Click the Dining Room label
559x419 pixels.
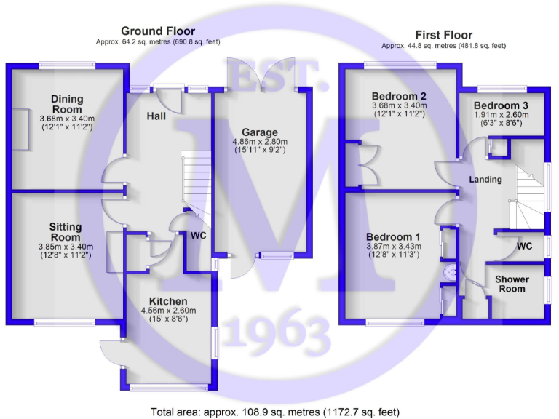(x=67, y=104)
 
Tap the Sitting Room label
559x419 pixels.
(x=66, y=232)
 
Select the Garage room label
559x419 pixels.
(x=260, y=132)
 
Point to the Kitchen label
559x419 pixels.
(x=168, y=301)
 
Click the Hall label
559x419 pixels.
(x=156, y=116)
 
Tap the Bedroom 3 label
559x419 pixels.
(x=501, y=105)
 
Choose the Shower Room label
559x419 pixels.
(x=512, y=284)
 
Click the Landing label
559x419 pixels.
(x=485, y=179)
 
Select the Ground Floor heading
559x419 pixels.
(x=158, y=31)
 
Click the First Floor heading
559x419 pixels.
(x=444, y=35)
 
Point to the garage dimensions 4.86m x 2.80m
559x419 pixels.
(x=260, y=141)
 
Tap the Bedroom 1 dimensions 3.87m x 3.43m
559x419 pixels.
(x=394, y=246)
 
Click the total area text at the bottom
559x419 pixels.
(x=275, y=412)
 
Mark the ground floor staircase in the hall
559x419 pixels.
(x=197, y=185)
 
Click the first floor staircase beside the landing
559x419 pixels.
(x=529, y=197)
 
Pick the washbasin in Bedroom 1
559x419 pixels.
(x=450, y=272)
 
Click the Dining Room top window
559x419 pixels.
(x=67, y=65)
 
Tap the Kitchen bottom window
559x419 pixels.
(x=169, y=387)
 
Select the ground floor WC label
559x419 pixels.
(x=198, y=236)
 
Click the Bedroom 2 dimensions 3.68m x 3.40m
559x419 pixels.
(x=400, y=105)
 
